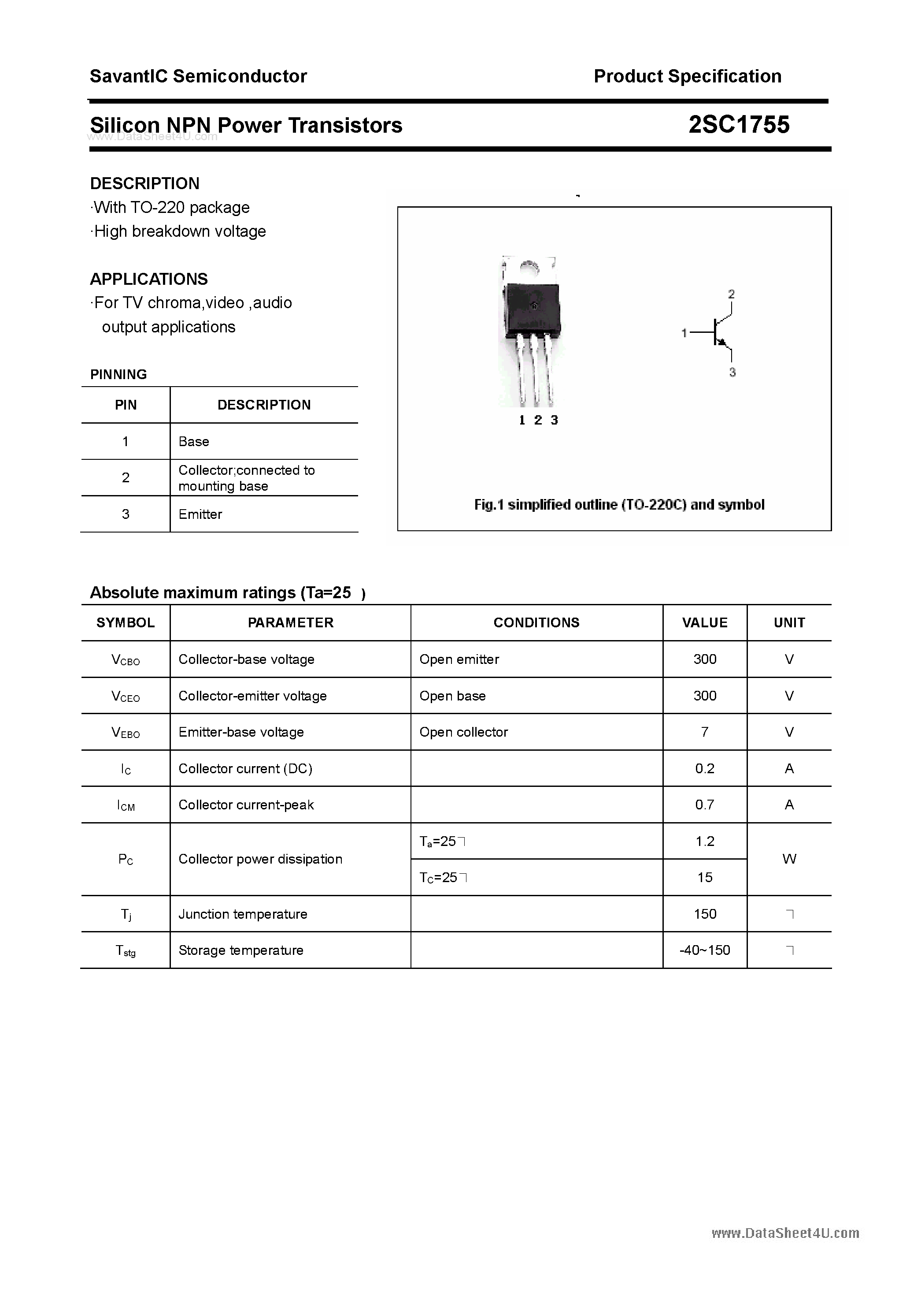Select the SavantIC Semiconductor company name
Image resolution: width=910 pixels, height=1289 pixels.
[x=198, y=76]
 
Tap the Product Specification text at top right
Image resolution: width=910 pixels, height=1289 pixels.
[x=687, y=76]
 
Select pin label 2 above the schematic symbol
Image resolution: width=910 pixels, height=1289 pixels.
[x=731, y=294]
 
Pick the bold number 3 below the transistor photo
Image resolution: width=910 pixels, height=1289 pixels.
[x=554, y=420]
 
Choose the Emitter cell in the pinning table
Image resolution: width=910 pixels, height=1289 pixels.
[x=200, y=514]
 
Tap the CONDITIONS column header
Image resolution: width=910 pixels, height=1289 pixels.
[x=536, y=622]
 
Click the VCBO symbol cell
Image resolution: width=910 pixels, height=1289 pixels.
[x=126, y=659]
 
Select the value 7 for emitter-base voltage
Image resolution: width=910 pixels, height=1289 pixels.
[x=705, y=732]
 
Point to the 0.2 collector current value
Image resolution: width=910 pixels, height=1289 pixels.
[x=705, y=768]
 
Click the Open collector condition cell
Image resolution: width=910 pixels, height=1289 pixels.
[x=463, y=732]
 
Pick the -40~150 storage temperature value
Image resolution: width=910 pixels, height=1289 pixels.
[x=705, y=950]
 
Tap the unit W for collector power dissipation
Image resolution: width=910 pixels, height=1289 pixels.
[x=789, y=859]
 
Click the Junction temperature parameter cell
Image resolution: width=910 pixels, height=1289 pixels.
[x=243, y=914]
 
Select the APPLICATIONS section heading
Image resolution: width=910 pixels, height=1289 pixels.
[x=149, y=279]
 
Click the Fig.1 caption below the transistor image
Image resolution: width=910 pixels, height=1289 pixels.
[x=619, y=505]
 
